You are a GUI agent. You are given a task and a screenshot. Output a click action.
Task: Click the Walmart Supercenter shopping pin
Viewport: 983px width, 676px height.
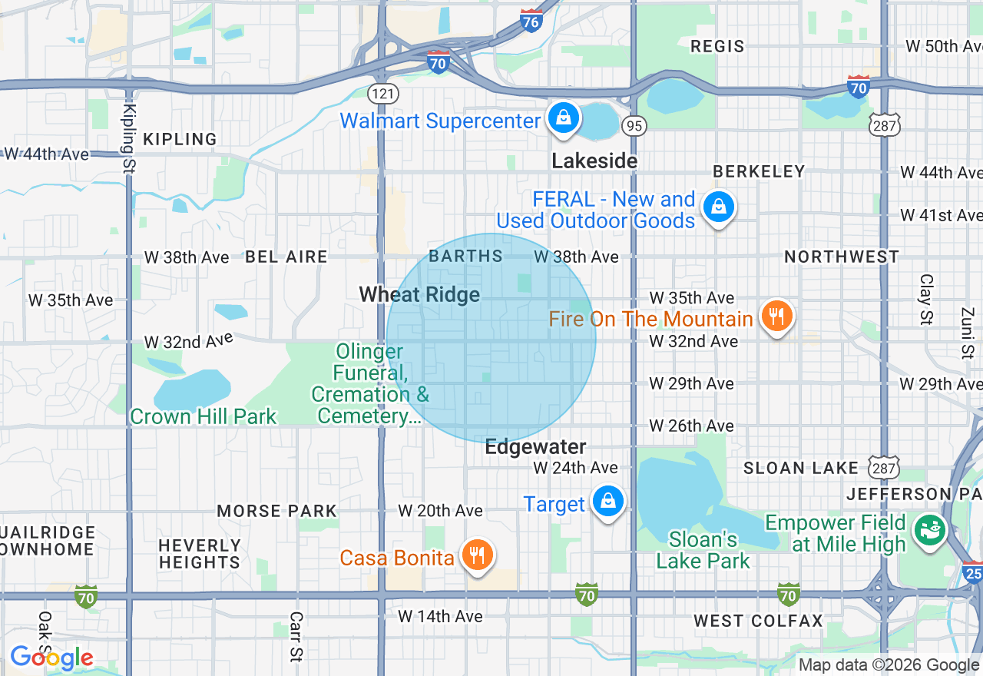[x=564, y=119]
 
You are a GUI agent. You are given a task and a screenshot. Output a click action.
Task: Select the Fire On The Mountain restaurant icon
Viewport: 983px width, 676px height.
[x=776, y=316]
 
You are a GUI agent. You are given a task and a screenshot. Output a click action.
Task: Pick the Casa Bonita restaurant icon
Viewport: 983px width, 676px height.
[x=478, y=555]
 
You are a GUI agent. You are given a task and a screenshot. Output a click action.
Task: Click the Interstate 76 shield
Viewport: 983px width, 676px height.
[x=531, y=21]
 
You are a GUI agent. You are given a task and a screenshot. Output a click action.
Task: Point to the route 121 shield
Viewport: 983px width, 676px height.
[x=382, y=94]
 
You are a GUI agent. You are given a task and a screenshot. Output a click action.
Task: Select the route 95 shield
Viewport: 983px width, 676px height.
[x=634, y=125]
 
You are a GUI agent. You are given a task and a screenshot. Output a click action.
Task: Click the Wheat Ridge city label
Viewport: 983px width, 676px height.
[x=419, y=295]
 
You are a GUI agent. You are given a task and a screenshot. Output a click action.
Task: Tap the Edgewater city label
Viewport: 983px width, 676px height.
[x=535, y=447]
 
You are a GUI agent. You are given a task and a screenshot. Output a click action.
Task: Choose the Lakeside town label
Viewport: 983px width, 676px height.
[x=594, y=161]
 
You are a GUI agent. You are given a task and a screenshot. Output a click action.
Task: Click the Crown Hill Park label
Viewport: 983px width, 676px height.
[x=204, y=416]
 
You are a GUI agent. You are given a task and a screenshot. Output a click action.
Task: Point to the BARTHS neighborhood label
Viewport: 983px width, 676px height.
[x=465, y=256]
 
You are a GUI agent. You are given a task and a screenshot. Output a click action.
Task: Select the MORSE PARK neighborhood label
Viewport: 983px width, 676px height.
[x=276, y=511]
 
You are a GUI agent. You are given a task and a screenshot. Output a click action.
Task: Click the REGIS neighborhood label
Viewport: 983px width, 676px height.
[x=717, y=46]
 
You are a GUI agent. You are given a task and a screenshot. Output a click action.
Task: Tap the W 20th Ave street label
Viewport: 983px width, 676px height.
[x=440, y=511]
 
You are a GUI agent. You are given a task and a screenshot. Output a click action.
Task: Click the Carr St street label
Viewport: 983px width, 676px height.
[x=296, y=637]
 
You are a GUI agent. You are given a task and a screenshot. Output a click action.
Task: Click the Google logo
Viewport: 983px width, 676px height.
[x=51, y=658]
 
